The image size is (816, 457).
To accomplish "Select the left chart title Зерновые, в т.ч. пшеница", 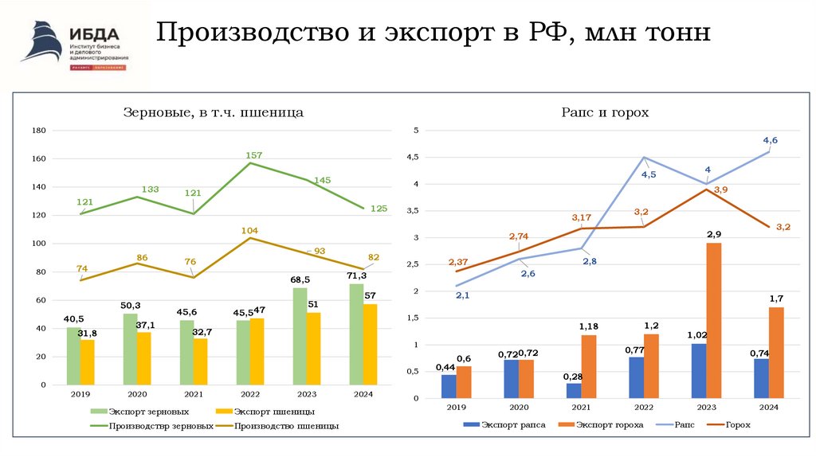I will click(x=213, y=113).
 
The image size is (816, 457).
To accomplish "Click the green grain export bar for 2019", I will click(x=73, y=356).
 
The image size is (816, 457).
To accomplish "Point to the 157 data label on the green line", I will click(x=254, y=154).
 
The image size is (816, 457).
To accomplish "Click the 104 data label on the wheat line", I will click(x=249, y=230).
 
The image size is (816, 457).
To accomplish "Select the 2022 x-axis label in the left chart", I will click(x=249, y=394).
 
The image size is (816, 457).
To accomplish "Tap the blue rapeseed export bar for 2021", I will click(x=574, y=390).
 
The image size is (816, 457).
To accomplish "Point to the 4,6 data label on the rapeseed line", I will click(x=770, y=140).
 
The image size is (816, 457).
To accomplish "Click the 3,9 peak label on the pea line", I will click(x=720, y=189).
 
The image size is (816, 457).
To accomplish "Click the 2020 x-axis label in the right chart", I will click(x=519, y=408).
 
